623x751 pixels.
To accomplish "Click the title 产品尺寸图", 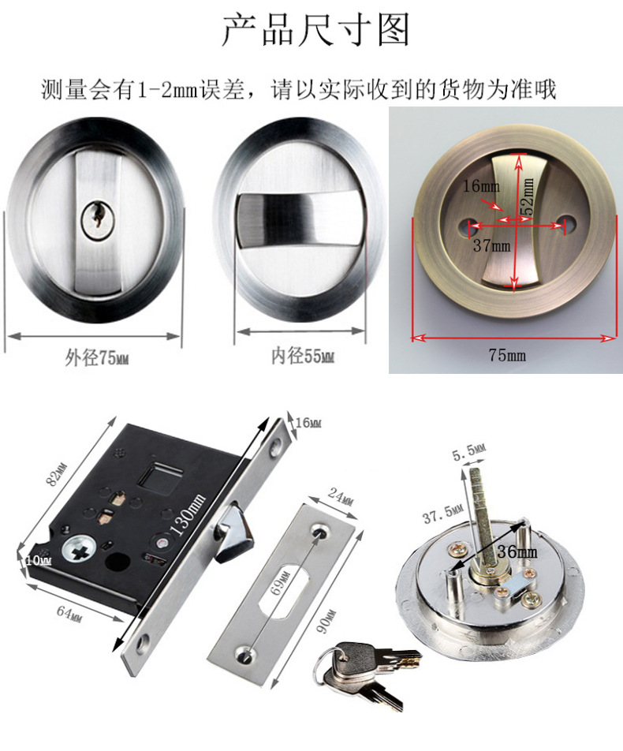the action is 315,29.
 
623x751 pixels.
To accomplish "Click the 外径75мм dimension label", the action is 97,358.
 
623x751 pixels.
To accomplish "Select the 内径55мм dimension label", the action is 303,356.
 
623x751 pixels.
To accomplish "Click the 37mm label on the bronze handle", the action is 492,246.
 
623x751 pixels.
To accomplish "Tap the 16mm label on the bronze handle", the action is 481,186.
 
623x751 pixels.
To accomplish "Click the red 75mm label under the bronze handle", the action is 506,355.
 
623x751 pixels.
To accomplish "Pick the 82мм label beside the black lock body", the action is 57,474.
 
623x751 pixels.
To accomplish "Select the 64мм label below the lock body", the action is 69,613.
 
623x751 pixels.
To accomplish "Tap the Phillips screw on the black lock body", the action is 79,549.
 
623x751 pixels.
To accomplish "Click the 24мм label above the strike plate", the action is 341,496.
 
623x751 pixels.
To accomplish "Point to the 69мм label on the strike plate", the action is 281,583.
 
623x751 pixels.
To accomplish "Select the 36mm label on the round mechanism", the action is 517,551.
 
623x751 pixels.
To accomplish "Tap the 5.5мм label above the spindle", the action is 468,450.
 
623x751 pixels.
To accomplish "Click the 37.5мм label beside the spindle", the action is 442,514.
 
